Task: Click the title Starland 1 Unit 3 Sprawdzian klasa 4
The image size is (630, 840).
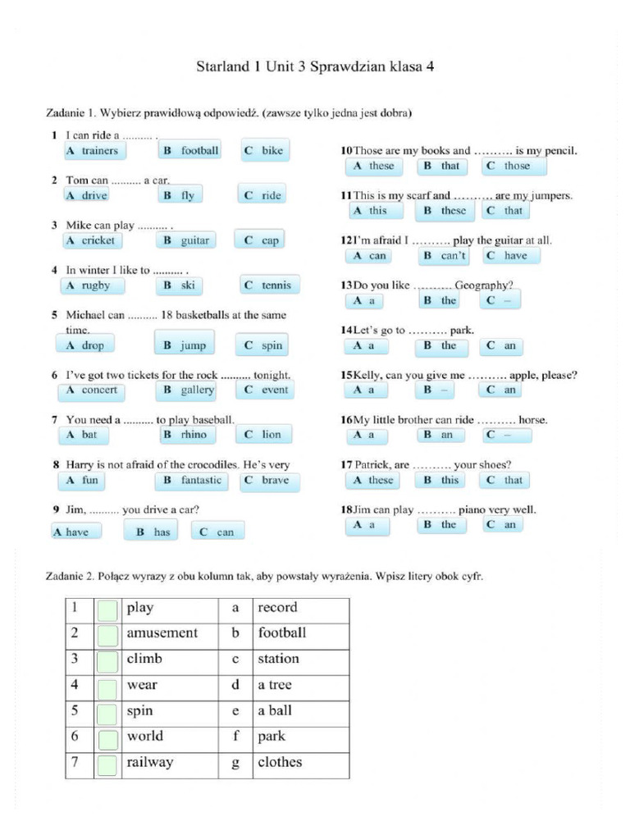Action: (x=315, y=66)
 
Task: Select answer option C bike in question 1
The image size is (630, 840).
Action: (x=263, y=151)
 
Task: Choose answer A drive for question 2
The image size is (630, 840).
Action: (x=87, y=195)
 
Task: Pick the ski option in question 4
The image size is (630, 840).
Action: (x=179, y=285)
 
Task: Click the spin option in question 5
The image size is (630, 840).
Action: (x=263, y=345)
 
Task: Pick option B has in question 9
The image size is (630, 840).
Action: (x=152, y=532)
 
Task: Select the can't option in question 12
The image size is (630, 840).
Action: (x=445, y=255)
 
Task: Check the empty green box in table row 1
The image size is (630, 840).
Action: (x=107, y=609)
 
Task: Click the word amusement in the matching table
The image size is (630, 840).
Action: (x=162, y=633)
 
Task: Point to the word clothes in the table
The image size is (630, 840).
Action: (x=280, y=762)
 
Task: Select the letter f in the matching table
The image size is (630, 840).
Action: (x=235, y=736)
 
